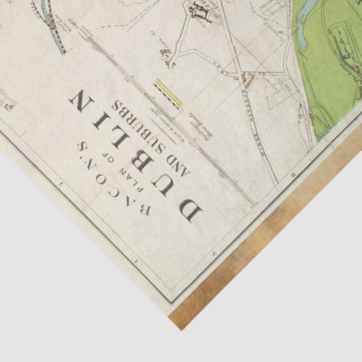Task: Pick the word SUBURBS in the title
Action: coord(148,134)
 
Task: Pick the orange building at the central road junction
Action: coord(249,83)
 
